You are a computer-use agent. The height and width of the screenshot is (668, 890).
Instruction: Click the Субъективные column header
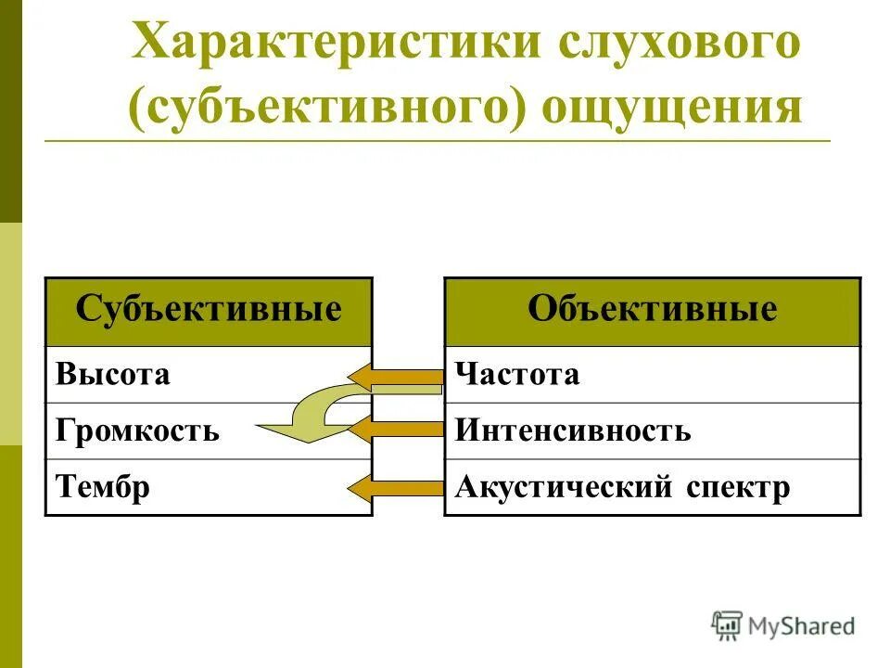(209, 310)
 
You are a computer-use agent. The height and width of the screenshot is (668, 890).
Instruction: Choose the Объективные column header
(652, 310)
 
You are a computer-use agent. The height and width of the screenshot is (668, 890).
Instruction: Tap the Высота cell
(114, 375)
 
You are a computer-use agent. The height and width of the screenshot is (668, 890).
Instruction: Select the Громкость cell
(139, 431)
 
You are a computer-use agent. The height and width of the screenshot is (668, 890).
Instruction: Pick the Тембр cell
(103, 487)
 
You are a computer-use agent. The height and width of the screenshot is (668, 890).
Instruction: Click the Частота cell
(517, 375)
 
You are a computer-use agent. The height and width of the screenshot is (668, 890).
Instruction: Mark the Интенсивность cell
(573, 431)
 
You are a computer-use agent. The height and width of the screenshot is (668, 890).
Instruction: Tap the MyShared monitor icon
(728, 624)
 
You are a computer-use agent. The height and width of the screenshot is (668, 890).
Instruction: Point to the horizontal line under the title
(436, 141)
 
